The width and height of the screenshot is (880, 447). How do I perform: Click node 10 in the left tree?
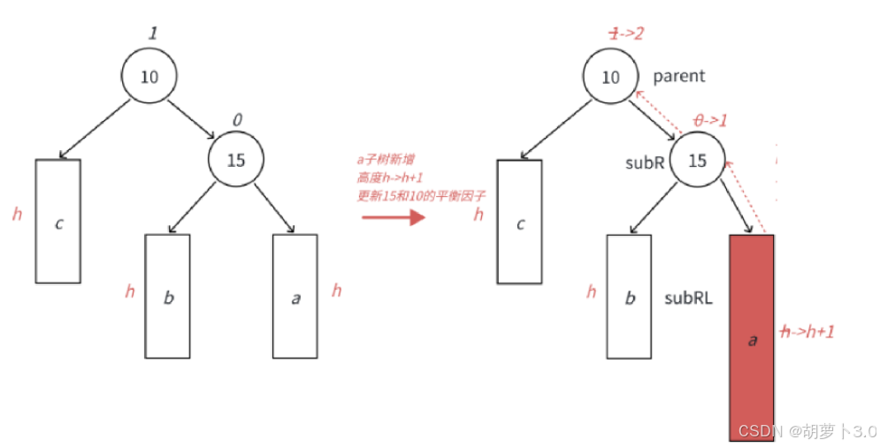149,76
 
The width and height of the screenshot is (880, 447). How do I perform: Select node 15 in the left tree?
235,160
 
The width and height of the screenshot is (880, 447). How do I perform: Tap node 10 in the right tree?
610,76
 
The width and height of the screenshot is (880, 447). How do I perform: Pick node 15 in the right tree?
697,160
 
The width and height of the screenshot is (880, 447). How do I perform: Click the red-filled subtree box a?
752,339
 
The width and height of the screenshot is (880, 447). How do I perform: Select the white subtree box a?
295,296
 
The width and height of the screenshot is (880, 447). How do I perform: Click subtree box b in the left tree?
168,296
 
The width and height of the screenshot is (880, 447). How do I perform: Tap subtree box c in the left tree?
58,221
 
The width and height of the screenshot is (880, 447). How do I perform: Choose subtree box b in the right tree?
630,296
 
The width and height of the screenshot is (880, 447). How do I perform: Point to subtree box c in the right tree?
519,221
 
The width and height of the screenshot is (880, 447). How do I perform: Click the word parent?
679,76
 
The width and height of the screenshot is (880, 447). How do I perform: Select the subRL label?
688,299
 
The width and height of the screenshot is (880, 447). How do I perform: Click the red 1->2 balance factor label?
624,33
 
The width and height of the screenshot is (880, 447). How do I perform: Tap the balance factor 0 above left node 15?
236,118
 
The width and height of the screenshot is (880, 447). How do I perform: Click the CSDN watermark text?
806,431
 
